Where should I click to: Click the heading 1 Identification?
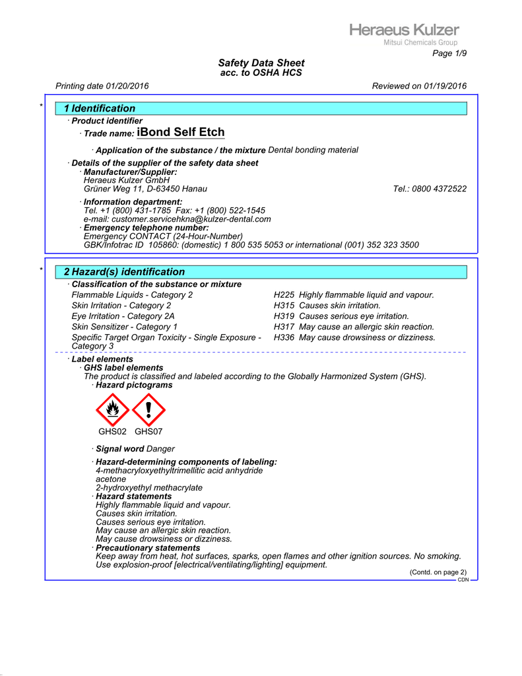pyautogui.click(x=100, y=108)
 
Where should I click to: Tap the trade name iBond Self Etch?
pyautogui.click(x=180, y=133)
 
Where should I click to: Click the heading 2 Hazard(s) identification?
pyautogui.click(x=124, y=272)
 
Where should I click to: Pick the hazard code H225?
pyautogui.click(x=284, y=295)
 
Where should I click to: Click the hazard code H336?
pyautogui.click(x=284, y=337)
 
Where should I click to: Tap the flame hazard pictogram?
pyautogui.click(x=113, y=410)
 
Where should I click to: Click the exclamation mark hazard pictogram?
pyautogui.click(x=148, y=410)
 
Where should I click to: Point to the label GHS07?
pyautogui.click(x=148, y=432)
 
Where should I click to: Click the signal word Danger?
pyautogui.click(x=160, y=449)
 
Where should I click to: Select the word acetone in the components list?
pyautogui.click(x=111, y=479)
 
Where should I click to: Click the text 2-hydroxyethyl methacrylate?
pyautogui.click(x=149, y=488)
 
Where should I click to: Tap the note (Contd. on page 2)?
pyautogui.click(x=438, y=572)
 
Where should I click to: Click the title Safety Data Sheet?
pyautogui.click(x=261, y=63)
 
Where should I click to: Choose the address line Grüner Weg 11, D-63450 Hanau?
pyautogui.click(x=145, y=189)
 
